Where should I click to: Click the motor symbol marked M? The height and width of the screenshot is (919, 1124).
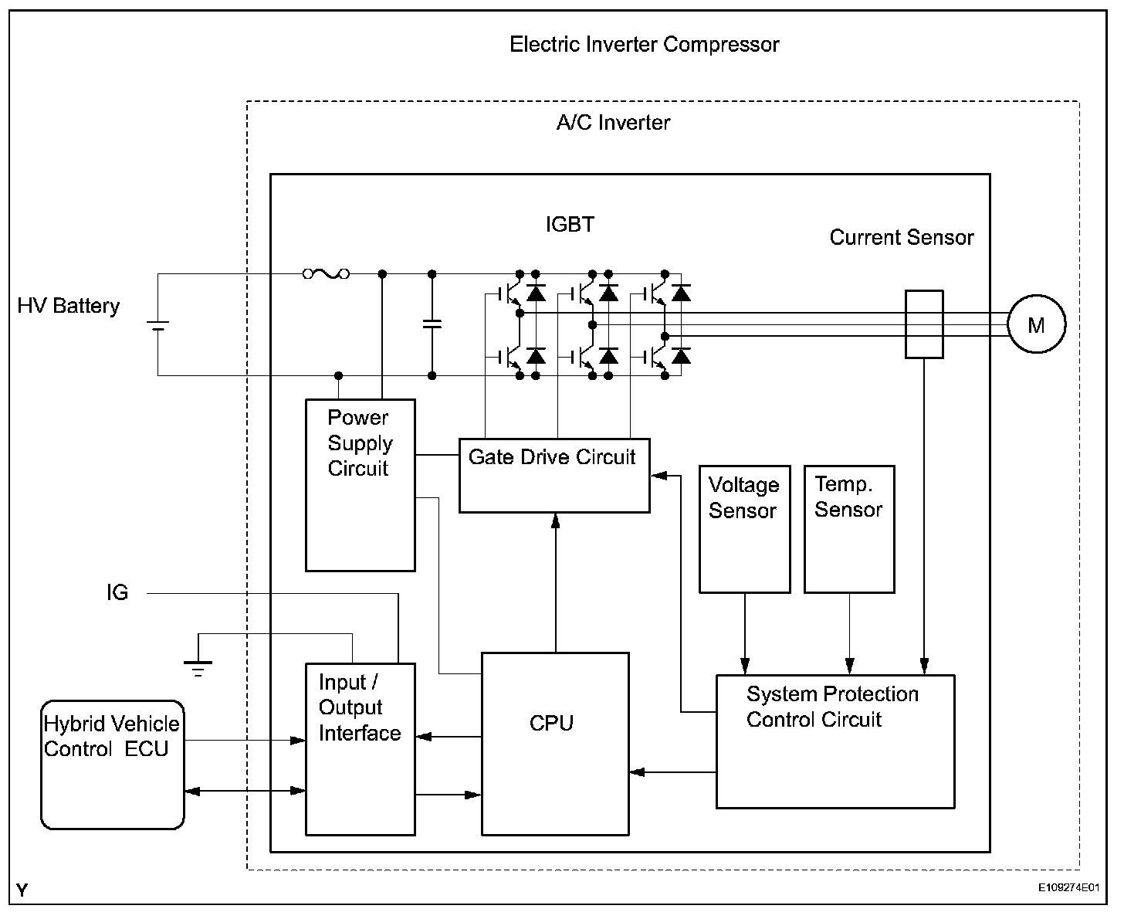click(1036, 325)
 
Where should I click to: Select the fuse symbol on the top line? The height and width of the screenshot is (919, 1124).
click(326, 273)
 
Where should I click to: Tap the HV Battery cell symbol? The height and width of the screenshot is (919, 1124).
click(158, 325)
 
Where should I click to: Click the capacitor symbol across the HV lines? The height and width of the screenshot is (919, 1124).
click(432, 324)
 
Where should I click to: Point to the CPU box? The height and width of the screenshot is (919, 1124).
click(554, 743)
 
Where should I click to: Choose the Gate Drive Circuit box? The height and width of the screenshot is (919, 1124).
click(554, 475)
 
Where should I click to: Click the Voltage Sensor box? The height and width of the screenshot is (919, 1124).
click(744, 529)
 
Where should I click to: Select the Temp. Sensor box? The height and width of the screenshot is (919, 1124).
click(848, 529)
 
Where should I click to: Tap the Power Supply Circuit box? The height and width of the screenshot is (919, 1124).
click(360, 485)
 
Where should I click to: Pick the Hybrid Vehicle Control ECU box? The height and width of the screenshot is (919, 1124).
click(113, 765)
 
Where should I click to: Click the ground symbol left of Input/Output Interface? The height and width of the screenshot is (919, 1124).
click(198, 665)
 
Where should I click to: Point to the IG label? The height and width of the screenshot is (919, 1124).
click(117, 593)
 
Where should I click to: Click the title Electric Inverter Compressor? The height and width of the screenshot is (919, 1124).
click(644, 45)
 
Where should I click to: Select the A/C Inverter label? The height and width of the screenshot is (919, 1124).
click(613, 123)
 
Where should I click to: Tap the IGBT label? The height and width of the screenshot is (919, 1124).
click(570, 225)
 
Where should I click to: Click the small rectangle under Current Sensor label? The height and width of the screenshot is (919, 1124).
click(923, 324)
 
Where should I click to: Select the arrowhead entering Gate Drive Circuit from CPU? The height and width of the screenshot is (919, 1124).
click(554, 520)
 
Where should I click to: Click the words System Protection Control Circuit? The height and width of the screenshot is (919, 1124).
click(831, 707)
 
